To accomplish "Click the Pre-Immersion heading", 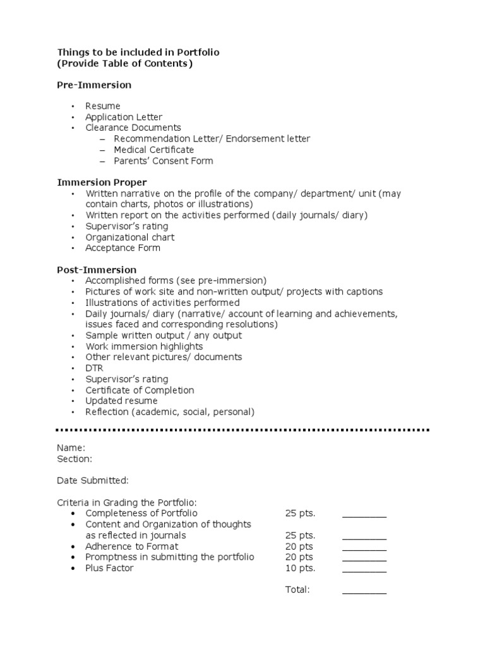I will (x=94, y=85).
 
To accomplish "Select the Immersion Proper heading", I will (x=102, y=183).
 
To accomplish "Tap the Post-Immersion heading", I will (x=97, y=270).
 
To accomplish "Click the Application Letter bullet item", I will (x=124, y=117).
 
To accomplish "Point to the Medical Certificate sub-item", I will (x=153, y=150).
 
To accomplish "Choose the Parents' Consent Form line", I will (x=163, y=160).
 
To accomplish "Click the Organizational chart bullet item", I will (x=130, y=237).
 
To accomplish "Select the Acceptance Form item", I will (x=123, y=248).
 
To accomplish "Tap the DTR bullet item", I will (x=95, y=368).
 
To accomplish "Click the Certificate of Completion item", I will (x=140, y=390).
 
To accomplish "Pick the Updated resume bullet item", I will (x=122, y=401).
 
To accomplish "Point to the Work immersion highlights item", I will (x=145, y=346).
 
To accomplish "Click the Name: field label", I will (x=71, y=447).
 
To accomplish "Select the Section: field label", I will (x=75, y=458).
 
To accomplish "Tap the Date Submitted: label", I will (x=93, y=480).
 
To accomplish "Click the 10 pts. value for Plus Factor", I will (x=300, y=568).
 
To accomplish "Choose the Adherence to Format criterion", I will (x=132, y=546).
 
